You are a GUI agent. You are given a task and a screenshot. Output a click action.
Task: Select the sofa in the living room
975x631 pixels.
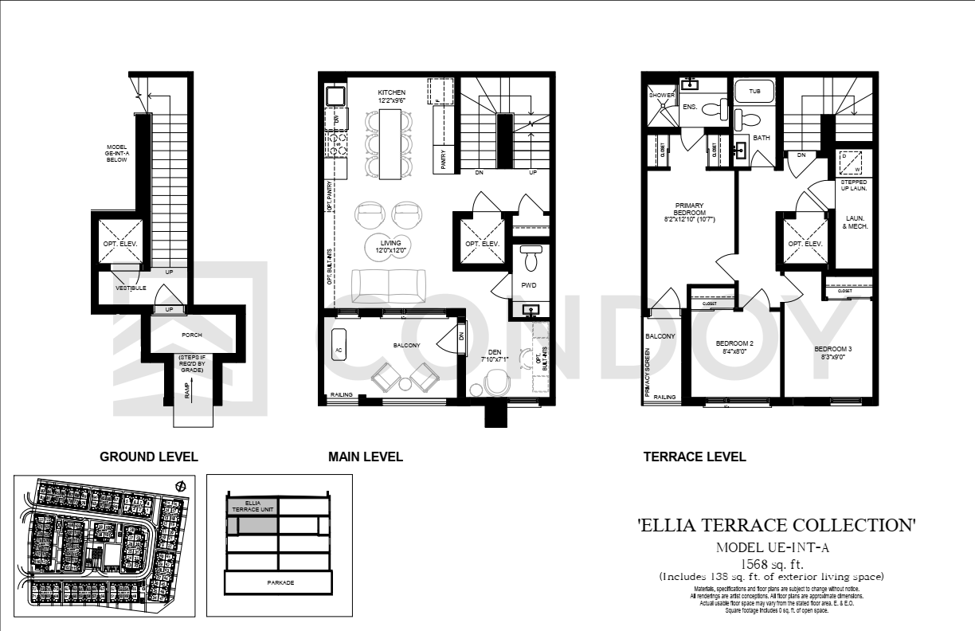click(x=388, y=286)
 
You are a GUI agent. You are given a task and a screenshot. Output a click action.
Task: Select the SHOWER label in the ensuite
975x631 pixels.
click(x=662, y=95)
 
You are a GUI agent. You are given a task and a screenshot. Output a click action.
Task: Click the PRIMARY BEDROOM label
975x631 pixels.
click(x=689, y=209)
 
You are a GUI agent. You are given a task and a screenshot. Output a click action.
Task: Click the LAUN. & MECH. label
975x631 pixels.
click(x=855, y=221)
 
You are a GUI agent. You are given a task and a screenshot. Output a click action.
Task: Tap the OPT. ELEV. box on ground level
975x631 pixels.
click(x=120, y=243)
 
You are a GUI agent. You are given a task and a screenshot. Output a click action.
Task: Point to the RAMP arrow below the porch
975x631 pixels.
click(x=189, y=390)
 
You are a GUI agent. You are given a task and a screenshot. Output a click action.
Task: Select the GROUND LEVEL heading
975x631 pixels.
click(x=148, y=457)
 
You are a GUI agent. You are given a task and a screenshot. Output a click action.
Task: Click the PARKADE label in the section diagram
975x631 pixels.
click(x=280, y=582)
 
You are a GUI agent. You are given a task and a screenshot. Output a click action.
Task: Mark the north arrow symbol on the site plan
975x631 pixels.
click(x=181, y=486)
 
